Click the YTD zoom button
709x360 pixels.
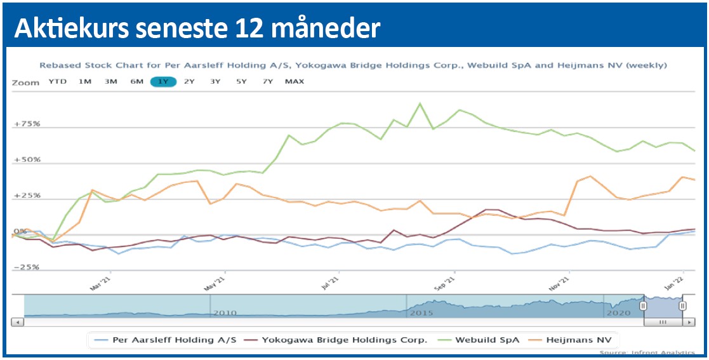pos(57,82)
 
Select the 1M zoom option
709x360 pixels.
pos(84,82)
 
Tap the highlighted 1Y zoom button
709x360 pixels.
pos(162,82)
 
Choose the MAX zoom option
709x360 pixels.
pos(295,82)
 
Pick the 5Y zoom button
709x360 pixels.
pos(241,82)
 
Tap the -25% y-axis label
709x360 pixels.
pos(27,267)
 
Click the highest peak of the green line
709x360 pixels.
pos(420,103)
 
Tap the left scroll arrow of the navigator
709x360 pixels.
pos(17,323)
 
